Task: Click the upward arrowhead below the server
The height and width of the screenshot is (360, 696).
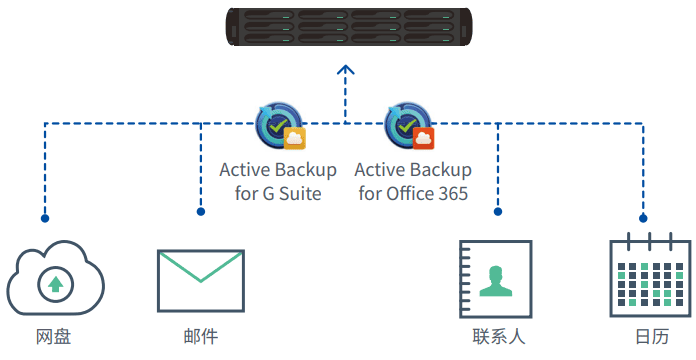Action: (346, 70)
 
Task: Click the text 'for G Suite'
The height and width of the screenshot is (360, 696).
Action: (278, 193)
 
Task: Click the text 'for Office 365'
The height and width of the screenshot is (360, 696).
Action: (412, 193)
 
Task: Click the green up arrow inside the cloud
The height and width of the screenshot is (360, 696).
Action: (56, 285)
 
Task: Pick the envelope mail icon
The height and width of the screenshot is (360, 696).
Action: (200, 280)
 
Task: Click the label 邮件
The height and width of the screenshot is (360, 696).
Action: (200, 337)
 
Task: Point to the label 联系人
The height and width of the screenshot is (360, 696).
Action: (499, 337)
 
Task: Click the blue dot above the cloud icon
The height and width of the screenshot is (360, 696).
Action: (44, 217)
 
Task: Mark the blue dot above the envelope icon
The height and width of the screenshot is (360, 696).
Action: (200, 212)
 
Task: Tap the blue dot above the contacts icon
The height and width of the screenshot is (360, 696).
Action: (497, 212)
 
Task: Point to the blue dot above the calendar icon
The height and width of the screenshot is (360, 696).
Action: (643, 217)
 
